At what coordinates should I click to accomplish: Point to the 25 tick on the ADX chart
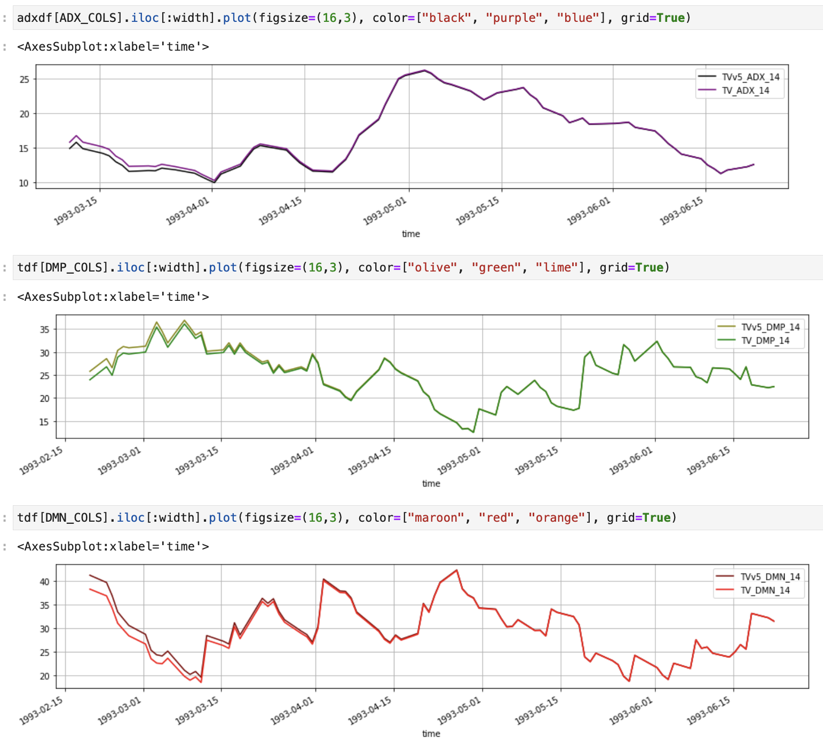[24, 79]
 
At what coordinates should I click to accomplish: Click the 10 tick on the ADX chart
[24, 183]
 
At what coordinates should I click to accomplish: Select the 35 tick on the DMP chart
[44, 330]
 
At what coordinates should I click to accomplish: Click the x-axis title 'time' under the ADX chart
[410, 234]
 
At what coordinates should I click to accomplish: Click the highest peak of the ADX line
[424, 70]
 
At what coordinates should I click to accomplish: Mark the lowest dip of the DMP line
[473, 432]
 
